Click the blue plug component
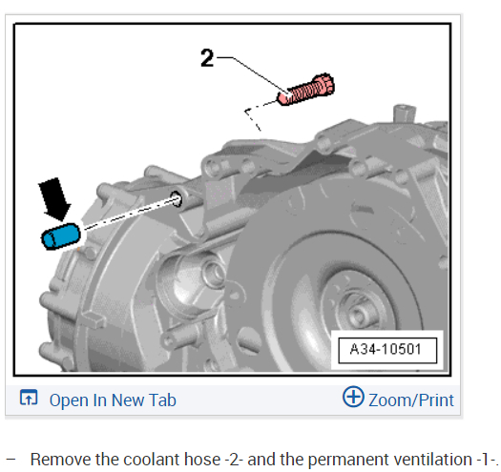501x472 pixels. pyautogui.click(x=61, y=236)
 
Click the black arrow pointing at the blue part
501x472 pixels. pyautogui.click(x=54, y=199)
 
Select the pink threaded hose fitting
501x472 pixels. pyautogui.click(x=305, y=89)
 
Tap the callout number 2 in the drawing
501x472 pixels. pyautogui.click(x=207, y=58)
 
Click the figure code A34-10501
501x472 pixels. pyautogui.click(x=386, y=349)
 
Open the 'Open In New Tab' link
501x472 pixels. pyautogui.click(x=113, y=400)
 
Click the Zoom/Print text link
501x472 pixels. pyautogui.click(x=411, y=400)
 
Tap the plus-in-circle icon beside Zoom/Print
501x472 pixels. pyautogui.click(x=353, y=397)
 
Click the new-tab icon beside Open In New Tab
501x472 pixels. pyautogui.click(x=29, y=398)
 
